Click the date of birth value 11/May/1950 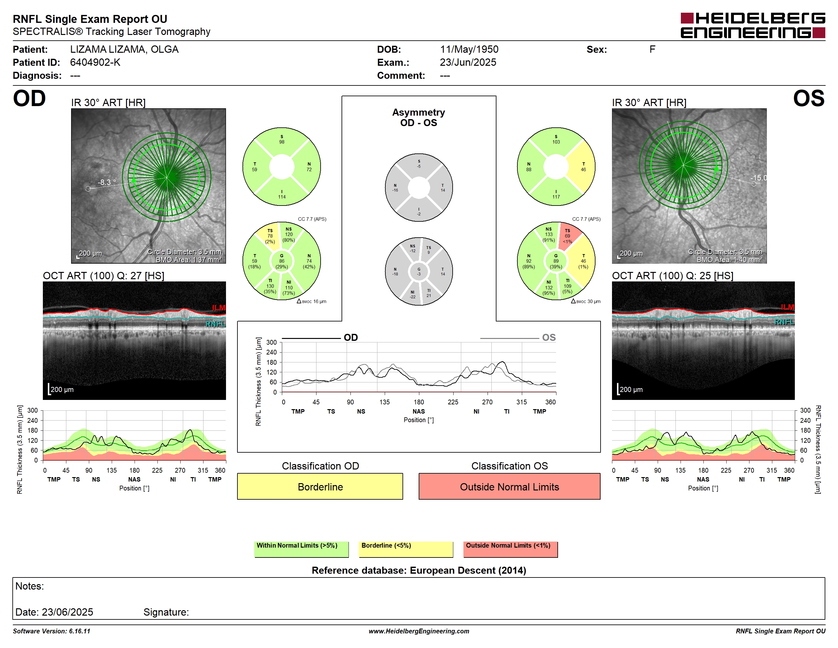(x=469, y=50)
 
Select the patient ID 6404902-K (x=95, y=63)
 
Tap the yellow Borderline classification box (x=320, y=486)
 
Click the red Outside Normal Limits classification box (x=509, y=486)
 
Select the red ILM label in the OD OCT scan (x=219, y=308)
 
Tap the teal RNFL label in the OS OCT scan (x=784, y=322)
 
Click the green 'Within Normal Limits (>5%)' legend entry (x=301, y=549)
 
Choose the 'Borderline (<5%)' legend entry (x=406, y=549)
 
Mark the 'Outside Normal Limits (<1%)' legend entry (x=510, y=549)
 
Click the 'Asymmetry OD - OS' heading (x=419, y=118)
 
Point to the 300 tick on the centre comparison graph (x=271, y=342)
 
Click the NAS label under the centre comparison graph (x=419, y=411)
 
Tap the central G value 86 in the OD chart (x=282, y=261)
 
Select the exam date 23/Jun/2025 (x=468, y=63)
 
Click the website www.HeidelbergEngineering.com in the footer (x=419, y=631)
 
